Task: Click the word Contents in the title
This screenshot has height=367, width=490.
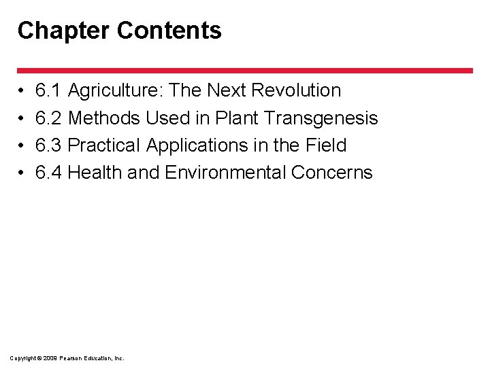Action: [169, 31]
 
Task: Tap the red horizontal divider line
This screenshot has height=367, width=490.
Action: [245, 70]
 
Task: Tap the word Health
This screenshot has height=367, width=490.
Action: [95, 173]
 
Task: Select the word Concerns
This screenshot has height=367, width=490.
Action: [332, 173]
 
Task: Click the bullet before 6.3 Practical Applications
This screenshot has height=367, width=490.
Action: [22, 146]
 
